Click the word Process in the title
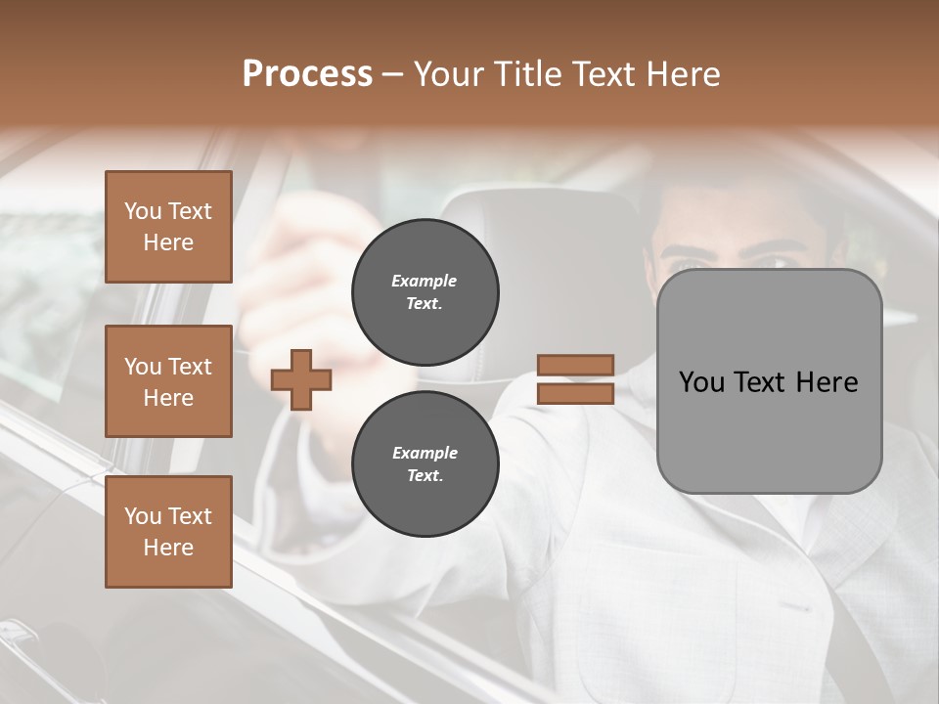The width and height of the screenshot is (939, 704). (307, 74)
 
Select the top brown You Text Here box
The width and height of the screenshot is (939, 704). (168, 227)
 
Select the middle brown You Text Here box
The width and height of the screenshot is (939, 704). (168, 381)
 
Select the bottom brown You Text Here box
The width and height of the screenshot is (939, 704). (168, 532)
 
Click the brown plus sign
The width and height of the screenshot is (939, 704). (300, 379)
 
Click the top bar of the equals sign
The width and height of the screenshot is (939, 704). (575, 365)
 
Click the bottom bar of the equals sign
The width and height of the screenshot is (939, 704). (575, 393)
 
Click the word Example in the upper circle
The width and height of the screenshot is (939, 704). (424, 281)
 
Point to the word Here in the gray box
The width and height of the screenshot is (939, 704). (826, 382)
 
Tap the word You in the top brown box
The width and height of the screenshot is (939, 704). (143, 211)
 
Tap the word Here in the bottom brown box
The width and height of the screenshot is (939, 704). (168, 548)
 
